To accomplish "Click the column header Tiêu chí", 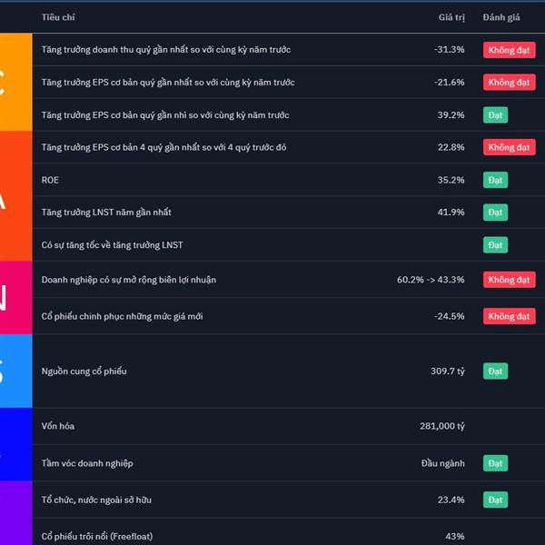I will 58,17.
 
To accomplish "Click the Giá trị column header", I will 451,17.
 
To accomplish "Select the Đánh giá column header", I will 501,17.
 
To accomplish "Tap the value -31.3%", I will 449,50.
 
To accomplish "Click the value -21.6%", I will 449,83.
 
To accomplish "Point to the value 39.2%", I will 451,115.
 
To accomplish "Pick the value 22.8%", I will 451,147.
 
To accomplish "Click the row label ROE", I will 50,180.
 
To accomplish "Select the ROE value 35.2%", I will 451,180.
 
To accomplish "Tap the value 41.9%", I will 451,213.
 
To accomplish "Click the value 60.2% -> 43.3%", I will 431,280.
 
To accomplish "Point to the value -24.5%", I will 449,316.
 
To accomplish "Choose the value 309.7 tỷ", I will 447,372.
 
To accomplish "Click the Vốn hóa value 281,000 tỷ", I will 441,426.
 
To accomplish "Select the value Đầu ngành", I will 442,463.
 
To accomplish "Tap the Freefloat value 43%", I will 454,537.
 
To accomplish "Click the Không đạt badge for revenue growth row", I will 509,50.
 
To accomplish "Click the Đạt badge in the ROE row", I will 495,180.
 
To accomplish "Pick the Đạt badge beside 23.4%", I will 495,500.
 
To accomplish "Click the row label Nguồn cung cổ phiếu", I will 84,372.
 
